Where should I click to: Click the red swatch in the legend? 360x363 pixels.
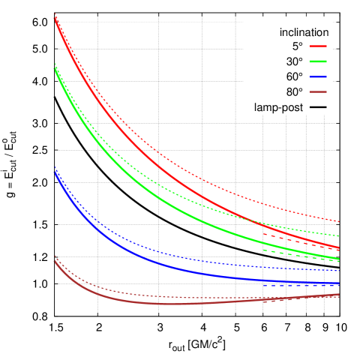[318, 46]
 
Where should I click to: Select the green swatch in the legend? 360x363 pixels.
[318, 61]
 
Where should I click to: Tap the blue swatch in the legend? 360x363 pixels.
[318, 76]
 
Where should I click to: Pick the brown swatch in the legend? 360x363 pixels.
[318, 91]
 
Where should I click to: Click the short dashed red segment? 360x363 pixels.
[300, 240]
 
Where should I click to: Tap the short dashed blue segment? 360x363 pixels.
[300, 285]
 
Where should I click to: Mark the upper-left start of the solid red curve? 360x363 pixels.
[55, 18]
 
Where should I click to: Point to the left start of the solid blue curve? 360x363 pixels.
[55, 172]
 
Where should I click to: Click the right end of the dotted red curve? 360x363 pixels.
[339, 222]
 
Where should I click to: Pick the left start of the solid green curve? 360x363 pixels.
[55, 68]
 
